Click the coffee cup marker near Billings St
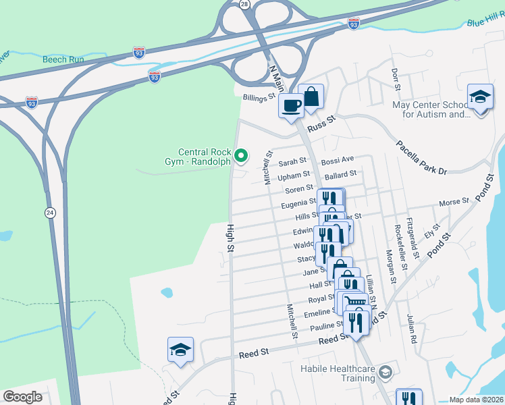coord(292,105)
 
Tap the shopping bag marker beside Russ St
coord(311,97)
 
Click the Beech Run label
coord(63,59)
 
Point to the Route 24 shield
coord(51,213)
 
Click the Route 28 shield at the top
coord(244,4)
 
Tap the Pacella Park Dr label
coord(422,157)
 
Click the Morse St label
coord(454,202)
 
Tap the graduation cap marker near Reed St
coord(180,350)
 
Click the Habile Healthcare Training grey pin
coord(385,372)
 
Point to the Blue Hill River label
coord(485,22)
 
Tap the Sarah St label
coord(292,162)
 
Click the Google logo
coord(23,397)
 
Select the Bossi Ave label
coord(337,160)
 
